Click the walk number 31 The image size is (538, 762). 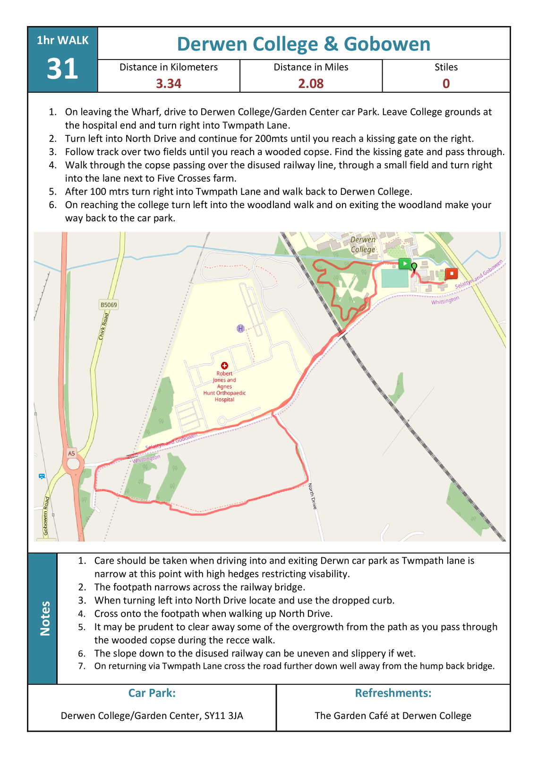tap(62, 69)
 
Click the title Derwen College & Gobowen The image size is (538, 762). tap(303, 44)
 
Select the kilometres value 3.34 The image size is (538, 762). tap(169, 84)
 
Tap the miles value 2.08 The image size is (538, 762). tap(311, 84)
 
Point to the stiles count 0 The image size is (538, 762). tap(446, 84)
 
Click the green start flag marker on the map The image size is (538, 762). tap(404, 263)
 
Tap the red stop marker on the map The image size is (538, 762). tap(452, 273)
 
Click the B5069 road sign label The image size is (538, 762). tap(109, 305)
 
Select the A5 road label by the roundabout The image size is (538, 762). tap(71, 453)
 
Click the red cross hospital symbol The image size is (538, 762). tap(224, 366)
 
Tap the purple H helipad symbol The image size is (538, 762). tap(240, 328)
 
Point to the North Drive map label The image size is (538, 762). tap(313, 496)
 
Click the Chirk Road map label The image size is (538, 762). tap(103, 326)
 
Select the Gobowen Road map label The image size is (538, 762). tap(46, 516)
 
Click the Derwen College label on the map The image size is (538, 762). tap(363, 245)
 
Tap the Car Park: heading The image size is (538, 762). tap(152, 693)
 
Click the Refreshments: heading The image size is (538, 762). tap(393, 693)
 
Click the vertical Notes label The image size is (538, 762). tap(45, 618)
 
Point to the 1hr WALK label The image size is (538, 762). tap(62, 41)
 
